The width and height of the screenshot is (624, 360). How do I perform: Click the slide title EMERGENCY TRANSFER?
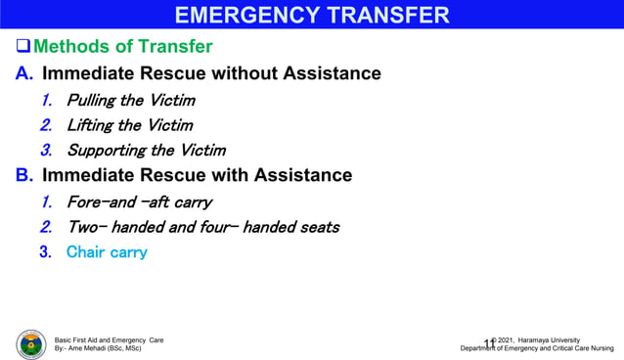click(x=312, y=15)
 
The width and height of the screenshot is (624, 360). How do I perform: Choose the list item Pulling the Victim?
click(x=130, y=101)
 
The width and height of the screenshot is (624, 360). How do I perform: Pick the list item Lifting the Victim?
click(x=129, y=125)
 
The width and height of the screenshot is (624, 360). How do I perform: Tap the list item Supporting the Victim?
click(x=146, y=151)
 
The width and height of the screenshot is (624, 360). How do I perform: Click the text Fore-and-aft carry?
click(x=139, y=202)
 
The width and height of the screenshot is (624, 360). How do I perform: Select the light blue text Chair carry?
click(x=107, y=252)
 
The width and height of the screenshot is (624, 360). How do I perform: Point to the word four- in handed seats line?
click(x=213, y=227)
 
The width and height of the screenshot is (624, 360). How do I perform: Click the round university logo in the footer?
click(x=30, y=344)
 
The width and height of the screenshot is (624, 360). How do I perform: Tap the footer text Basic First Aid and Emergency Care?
click(x=109, y=339)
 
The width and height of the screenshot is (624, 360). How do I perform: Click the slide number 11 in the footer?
click(x=488, y=342)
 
